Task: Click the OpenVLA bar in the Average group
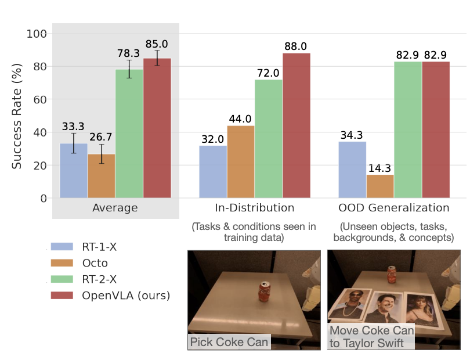click(x=157, y=128)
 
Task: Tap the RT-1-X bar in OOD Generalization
click(x=352, y=170)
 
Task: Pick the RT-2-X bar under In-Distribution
click(x=269, y=139)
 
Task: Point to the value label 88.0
click(x=297, y=46)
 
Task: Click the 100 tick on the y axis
click(x=37, y=34)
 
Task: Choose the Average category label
click(x=115, y=208)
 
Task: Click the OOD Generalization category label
click(x=394, y=208)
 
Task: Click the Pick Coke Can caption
click(x=230, y=341)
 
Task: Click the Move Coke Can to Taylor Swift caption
click(x=372, y=337)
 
